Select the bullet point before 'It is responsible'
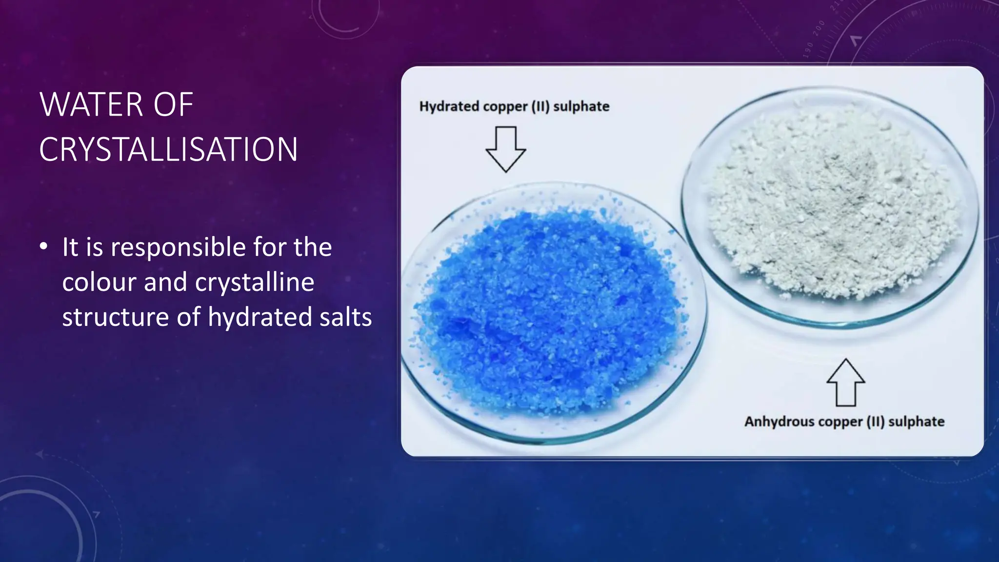[x=44, y=246]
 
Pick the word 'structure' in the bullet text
[x=116, y=317]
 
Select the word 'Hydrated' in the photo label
[x=449, y=107]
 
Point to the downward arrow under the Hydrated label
[x=506, y=149]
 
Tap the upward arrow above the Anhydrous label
[x=846, y=383]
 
